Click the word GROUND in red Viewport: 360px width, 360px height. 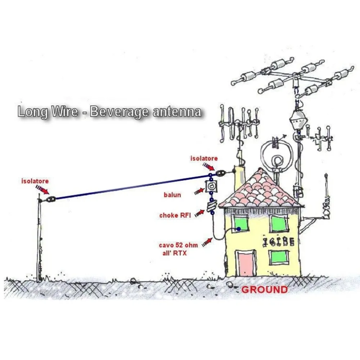(264, 289)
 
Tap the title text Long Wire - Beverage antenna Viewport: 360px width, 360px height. (109, 112)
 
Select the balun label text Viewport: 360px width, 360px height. (172, 195)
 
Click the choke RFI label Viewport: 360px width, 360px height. (174, 215)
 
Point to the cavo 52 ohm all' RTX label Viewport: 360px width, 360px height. (178, 249)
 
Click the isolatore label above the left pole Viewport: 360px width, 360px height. (35, 181)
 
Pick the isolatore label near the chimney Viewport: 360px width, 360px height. (204, 158)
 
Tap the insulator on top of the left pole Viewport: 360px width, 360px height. (50, 198)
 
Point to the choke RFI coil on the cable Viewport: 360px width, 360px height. (212, 207)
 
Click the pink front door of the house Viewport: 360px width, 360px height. (246, 264)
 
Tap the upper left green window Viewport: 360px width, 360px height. (241, 223)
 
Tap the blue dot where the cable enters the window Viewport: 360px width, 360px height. (238, 229)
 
